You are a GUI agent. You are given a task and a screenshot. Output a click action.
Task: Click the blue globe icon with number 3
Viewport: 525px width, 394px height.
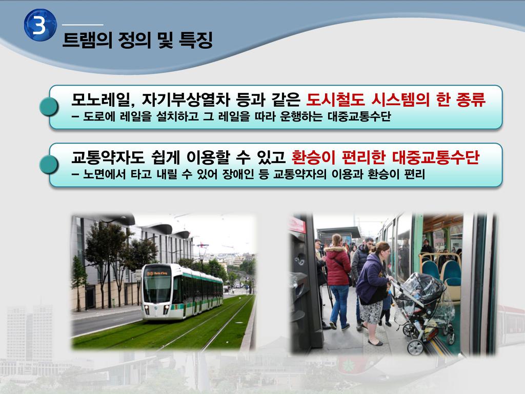tap(40, 25)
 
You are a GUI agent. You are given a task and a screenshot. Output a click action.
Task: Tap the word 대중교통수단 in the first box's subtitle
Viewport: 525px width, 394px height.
tap(359, 116)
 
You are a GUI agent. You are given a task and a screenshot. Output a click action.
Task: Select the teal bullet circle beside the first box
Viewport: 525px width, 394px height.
tap(49, 107)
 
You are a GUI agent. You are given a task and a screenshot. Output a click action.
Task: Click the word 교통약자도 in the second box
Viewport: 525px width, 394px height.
tap(108, 157)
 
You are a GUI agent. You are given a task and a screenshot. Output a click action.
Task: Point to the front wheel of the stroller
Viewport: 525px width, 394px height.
tap(415, 348)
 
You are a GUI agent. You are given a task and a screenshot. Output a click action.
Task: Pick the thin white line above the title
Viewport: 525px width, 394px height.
tap(83, 25)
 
